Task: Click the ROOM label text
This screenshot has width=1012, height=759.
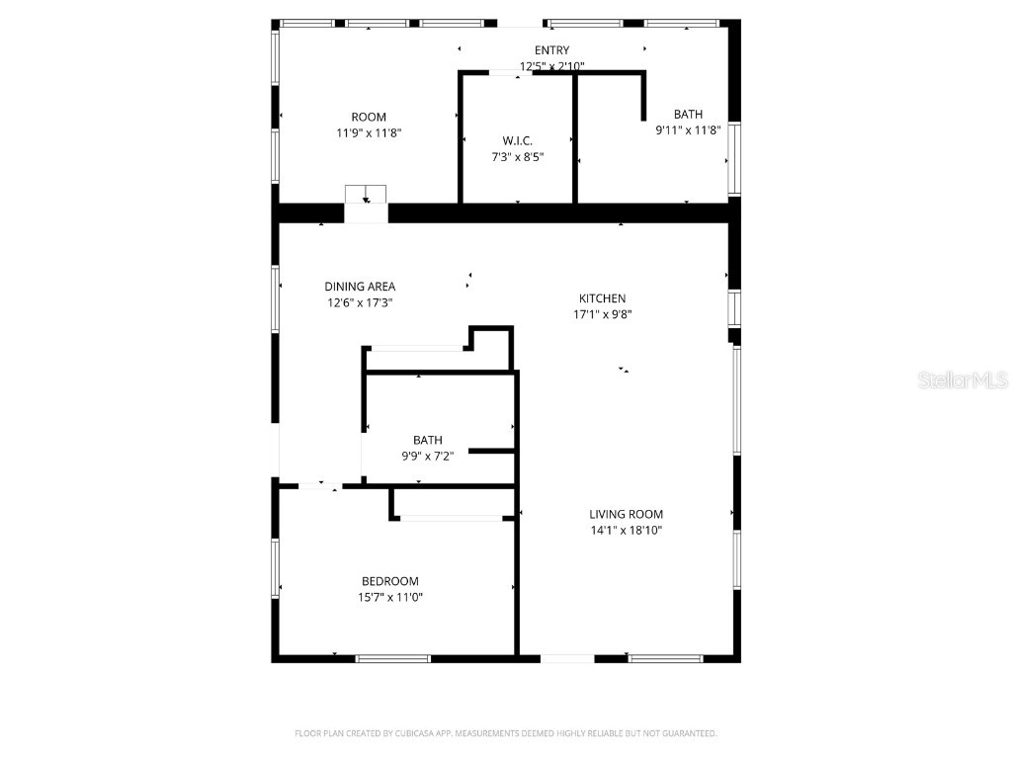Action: (x=369, y=117)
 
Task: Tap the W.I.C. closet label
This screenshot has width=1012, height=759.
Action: (x=518, y=140)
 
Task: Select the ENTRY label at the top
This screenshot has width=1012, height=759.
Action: (x=551, y=50)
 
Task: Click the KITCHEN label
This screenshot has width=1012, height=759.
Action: (x=602, y=298)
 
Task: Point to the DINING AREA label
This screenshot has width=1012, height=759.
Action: (x=360, y=287)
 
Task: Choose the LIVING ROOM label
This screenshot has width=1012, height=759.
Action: (x=626, y=514)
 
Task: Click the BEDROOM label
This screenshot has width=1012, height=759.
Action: (x=389, y=581)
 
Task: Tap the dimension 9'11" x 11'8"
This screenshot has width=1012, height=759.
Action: (x=688, y=129)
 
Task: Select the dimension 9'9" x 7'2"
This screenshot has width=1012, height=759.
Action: (x=428, y=457)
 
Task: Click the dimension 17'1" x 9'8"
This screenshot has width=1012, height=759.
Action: (x=602, y=314)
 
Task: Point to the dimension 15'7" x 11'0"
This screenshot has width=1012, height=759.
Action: (x=390, y=597)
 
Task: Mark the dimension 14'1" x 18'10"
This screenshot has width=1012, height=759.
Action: (x=626, y=530)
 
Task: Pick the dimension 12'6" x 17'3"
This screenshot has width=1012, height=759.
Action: (x=360, y=302)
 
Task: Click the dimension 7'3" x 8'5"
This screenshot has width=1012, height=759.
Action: (x=518, y=156)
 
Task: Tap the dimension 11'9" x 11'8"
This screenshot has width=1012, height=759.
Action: (x=369, y=132)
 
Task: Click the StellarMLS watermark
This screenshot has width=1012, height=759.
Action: (x=962, y=379)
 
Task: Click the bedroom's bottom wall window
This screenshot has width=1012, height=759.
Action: (x=393, y=658)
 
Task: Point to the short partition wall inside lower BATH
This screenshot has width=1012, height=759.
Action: (x=491, y=451)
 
